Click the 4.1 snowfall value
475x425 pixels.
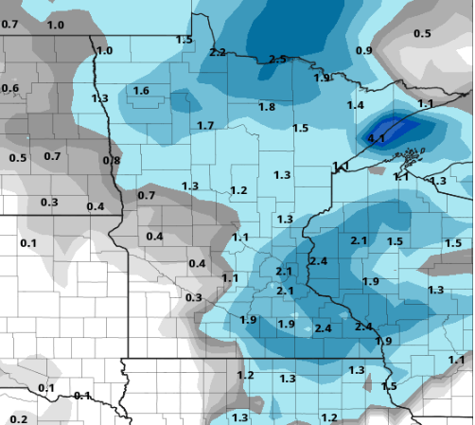376,138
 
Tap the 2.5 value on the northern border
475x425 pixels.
277,59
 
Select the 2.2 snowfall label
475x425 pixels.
218,51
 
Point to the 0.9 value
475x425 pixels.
364,49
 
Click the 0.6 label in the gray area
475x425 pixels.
10,88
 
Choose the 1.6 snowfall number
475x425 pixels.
141,90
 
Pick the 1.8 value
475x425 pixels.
267,107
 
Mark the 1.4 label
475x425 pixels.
356,104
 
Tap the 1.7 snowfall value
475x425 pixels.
205,125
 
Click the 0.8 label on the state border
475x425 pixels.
111,160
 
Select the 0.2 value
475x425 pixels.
19,418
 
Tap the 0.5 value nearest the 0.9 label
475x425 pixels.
422,33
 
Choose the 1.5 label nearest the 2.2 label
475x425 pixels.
185,39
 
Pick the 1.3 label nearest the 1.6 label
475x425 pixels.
99,97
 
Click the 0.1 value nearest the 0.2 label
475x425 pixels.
46,388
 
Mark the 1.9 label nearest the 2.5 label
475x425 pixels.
323,78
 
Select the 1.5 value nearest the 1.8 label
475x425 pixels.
301,128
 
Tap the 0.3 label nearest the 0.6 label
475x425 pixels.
48,202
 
